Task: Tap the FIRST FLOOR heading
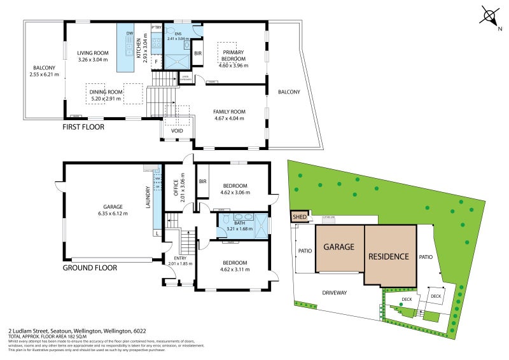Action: click(x=83, y=127)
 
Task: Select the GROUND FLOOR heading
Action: click(x=90, y=268)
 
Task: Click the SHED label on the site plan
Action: click(x=300, y=217)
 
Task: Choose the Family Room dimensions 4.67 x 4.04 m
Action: click(x=229, y=118)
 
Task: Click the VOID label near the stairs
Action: click(x=178, y=131)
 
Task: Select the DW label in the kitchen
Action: click(x=130, y=33)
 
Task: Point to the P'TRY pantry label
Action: click(x=157, y=27)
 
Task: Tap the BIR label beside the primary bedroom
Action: click(x=198, y=53)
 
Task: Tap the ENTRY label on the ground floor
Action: click(x=175, y=258)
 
